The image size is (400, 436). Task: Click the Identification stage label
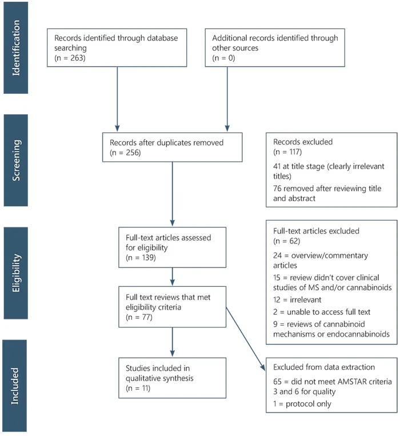16,48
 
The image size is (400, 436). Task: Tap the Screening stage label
16,161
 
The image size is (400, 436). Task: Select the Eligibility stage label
16,273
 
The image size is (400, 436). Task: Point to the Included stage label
15,386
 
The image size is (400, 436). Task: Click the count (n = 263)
70,58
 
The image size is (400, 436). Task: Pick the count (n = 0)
223,58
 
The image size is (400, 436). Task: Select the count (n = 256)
125,153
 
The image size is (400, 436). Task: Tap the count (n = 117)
287,152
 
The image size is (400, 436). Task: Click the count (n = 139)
141,258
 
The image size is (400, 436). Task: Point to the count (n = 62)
287,241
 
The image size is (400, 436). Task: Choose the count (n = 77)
139,317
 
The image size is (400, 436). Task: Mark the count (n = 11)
138,388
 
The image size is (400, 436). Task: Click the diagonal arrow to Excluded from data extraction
246,339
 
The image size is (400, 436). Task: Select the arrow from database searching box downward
117,99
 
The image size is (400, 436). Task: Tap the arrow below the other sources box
227,99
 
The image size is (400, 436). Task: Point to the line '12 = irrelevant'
297,300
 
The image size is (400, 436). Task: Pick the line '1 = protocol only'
302,404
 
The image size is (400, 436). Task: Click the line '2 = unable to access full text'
322,312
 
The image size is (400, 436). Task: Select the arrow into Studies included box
173,342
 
